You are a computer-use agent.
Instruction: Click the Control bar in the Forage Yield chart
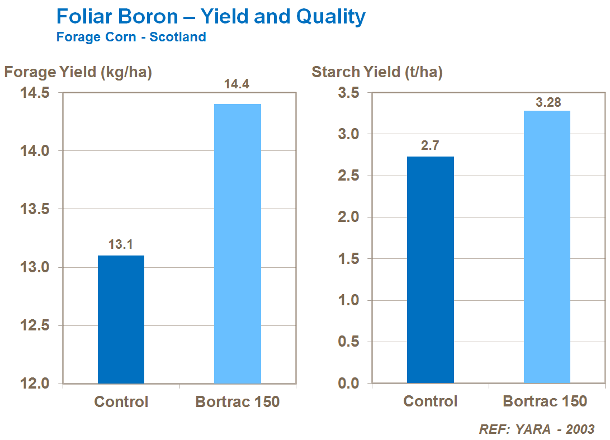point(121,319)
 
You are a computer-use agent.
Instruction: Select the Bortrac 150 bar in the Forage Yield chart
point(238,244)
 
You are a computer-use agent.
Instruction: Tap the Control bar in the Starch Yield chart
point(430,270)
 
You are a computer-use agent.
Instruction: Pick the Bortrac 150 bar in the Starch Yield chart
point(547,247)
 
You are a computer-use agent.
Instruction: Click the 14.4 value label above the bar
point(237,84)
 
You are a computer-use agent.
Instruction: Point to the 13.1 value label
point(121,244)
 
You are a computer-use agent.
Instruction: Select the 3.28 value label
point(548,102)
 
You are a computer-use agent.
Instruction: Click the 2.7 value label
point(430,146)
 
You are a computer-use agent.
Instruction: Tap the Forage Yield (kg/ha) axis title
point(78,72)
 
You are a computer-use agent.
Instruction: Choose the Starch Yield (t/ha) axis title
point(377,72)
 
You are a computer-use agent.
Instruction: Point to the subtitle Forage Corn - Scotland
point(131,37)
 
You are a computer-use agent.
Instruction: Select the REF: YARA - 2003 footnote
point(536,429)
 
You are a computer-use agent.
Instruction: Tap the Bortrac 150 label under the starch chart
point(545,401)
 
